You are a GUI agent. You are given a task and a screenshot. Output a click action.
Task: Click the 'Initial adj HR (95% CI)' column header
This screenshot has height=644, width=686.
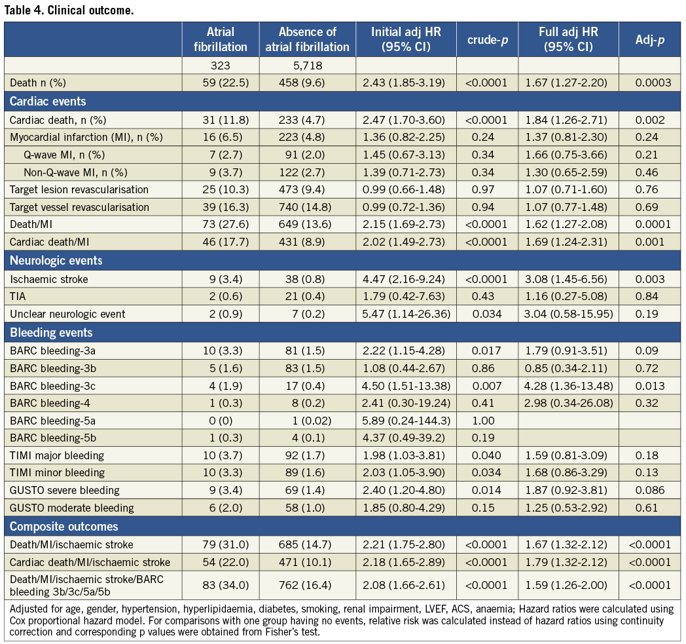coord(406,39)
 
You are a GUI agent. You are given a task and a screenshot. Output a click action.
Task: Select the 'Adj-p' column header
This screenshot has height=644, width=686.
coord(651,39)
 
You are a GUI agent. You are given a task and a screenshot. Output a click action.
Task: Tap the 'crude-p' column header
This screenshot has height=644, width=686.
coord(487,39)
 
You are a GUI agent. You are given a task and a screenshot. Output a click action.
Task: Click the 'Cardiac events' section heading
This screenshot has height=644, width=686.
coord(48,102)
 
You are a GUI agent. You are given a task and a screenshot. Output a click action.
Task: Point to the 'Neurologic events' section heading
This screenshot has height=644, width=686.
coord(56,260)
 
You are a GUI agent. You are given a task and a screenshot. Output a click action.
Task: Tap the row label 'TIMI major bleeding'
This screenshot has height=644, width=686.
coord(57,455)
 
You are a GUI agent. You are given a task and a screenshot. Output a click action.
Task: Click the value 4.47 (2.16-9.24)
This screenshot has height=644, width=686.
coord(406,278)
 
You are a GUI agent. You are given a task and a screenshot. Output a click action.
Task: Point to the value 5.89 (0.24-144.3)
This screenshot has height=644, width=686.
coord(406,420)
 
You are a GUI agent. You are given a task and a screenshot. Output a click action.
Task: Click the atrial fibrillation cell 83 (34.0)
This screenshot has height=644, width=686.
coord(220,585)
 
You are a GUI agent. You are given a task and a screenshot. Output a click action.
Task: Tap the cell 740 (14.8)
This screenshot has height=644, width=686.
coord(308,207)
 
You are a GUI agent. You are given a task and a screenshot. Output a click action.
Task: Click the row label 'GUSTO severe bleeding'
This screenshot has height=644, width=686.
coord(64,491)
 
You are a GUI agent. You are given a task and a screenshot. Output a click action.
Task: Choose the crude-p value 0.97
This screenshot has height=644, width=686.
coord(487,189)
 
